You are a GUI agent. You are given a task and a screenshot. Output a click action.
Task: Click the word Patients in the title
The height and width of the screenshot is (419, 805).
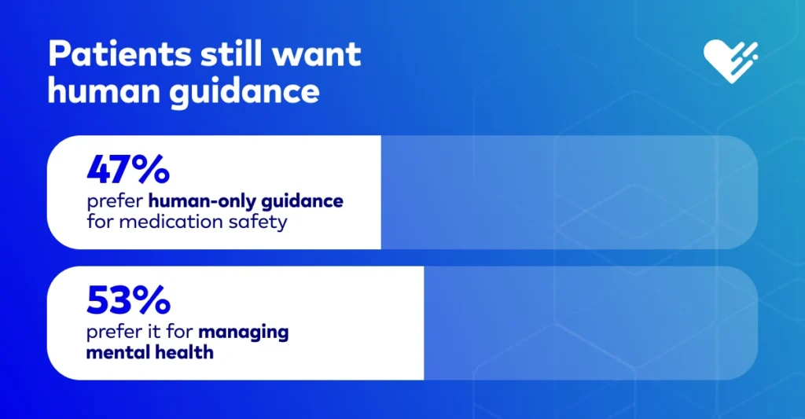(x=119, y=53)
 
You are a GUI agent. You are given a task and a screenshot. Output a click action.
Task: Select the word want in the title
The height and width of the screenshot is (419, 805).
(x=316, y=54)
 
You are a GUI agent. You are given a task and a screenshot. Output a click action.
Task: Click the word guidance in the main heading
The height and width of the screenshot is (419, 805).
(x=244, y=93)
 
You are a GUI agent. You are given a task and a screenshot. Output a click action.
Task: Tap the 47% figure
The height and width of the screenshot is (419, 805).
(x=128, y=170)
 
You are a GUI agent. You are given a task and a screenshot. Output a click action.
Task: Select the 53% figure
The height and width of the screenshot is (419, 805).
(x=128, y=300)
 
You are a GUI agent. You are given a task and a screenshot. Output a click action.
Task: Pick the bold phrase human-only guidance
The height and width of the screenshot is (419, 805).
(x=246, y=201)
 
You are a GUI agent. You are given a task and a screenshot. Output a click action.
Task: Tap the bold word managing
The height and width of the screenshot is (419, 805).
(x=244, y=333)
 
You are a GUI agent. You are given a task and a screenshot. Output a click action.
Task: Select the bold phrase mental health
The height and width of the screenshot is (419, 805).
(x=149, y=352)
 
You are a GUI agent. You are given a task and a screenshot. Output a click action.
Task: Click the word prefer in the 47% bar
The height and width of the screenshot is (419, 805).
(x=115, y=201)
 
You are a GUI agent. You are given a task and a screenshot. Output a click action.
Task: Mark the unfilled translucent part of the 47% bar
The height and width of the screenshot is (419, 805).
(x=569, y=192)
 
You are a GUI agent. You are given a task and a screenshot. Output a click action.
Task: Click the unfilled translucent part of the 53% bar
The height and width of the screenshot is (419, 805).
(x=590, y=323)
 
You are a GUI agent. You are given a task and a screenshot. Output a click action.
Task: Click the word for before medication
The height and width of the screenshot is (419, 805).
(x=100, y=222)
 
